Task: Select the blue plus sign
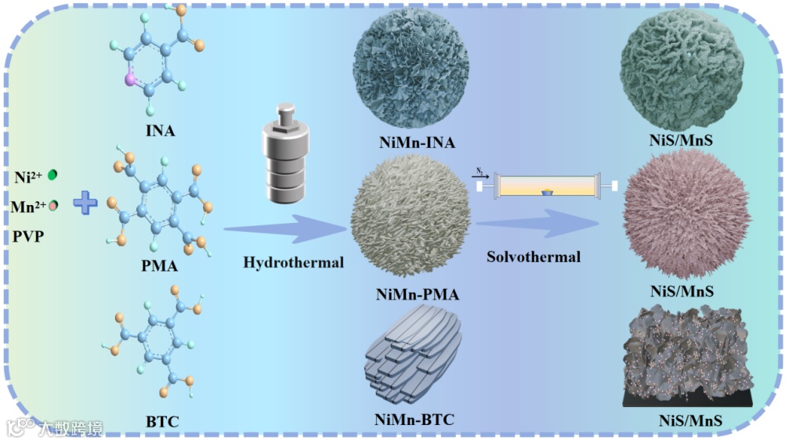pos(86,204)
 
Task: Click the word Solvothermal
pos(534,256)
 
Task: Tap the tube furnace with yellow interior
pos(544,185)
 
